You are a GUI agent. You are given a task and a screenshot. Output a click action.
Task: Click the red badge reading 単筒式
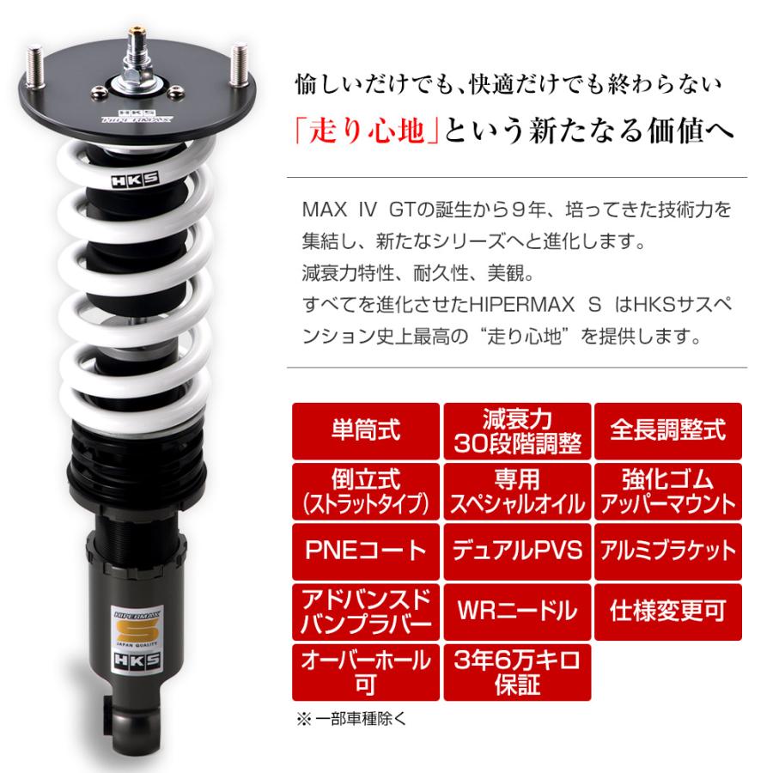click(x=365, y=430)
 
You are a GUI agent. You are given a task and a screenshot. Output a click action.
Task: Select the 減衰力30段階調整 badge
click(x=517, y=430)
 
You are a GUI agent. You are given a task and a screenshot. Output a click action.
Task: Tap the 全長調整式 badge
click(x=667, y=430)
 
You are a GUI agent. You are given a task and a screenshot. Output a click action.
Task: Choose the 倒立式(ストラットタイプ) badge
click(x=365, y=491)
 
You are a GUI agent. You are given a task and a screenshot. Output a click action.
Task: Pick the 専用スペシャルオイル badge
click(x=517, y=491)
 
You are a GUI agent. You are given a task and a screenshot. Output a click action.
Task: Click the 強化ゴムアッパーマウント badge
click(x=667, y=491)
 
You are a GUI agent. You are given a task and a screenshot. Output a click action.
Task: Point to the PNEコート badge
click(x=365, y=551)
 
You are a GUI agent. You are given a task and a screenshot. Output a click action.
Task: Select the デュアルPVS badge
click(x=517, y=551)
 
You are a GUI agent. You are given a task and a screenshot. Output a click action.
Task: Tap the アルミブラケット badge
click(x=667, y=551)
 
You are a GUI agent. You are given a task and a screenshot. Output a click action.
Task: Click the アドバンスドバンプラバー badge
click(x=365, y=611)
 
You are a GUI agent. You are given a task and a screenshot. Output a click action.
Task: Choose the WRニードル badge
click(x=517, y=611)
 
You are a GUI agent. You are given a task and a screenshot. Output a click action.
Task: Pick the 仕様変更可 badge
click(x=667, y=611)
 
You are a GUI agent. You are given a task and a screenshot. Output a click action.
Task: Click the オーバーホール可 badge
click(x=365, y=672)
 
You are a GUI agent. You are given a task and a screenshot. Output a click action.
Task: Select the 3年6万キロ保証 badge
click(x=517, y=672)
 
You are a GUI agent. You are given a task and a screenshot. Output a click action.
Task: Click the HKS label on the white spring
click(x=122, y=181)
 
